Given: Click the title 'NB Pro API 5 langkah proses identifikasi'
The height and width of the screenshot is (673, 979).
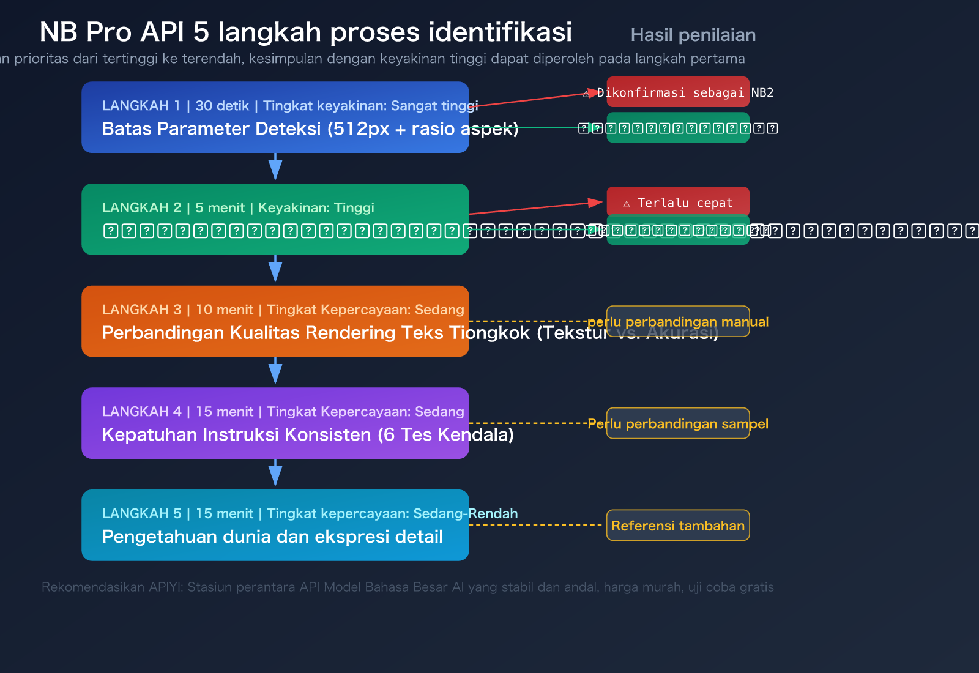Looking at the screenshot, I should pos(305,32).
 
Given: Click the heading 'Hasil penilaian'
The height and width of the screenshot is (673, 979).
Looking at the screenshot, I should pos(693,35).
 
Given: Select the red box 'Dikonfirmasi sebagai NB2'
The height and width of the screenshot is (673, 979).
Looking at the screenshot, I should pos(678,92).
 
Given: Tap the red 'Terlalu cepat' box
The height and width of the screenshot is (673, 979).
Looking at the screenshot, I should pos(678,203).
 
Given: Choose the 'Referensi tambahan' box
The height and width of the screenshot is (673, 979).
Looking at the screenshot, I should pos(678,526).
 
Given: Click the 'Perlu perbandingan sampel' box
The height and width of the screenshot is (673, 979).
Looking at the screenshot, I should pos(678,423).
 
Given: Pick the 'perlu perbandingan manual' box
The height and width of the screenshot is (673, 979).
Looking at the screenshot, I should pos(678,322).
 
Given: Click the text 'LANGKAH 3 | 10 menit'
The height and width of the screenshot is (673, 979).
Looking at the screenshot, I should pos(177,310).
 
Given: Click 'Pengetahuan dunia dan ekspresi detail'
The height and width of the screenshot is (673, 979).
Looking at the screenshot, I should pos(272,537).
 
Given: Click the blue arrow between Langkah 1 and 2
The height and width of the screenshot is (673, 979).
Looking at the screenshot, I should pos(275,167).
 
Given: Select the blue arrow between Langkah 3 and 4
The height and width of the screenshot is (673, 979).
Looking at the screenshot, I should pos(275,371).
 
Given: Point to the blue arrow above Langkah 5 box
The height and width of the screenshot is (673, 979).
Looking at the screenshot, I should pos(275,474).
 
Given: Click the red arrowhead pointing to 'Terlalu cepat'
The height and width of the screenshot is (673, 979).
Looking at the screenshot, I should pos(595,203).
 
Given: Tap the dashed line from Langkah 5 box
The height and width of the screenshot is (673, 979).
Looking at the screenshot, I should pos(535,525).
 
